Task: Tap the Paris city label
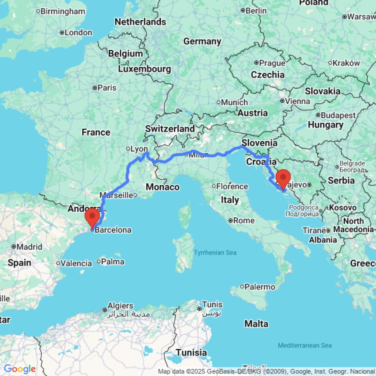tap(107, 88)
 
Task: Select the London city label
tap(78, 33)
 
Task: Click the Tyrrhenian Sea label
tap(215, 253)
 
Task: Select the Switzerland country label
tap(170, 129)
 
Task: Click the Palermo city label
tap(259, 287)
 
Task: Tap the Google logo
tap(20, 369)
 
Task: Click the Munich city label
tap(234, 102)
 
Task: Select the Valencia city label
tap(76, 263)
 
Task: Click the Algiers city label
tap(120, 306)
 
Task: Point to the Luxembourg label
tap(145, 69)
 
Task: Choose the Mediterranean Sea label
tap(305, 345)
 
